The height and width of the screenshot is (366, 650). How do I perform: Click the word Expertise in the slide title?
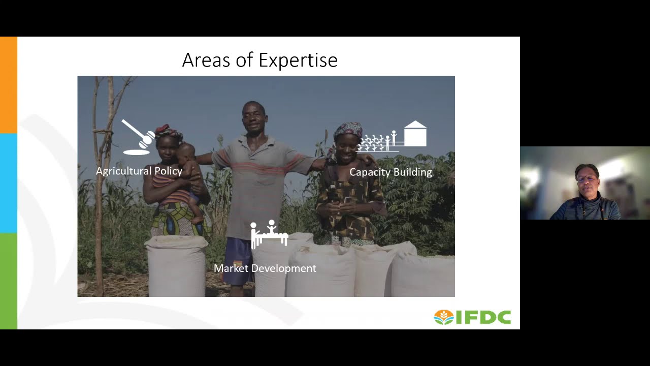pyautogui.click(x=298, y=60)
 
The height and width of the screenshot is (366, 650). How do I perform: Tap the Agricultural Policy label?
pyautogui.click(x=139, y=171)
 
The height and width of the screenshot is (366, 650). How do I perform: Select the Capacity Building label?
pyautogui.click(x=391, y=172)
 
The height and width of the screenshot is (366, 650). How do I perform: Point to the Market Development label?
pyautogui.click(x=265, y=268)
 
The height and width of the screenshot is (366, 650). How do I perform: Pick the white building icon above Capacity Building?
pyautogui.click(x=415, y=134)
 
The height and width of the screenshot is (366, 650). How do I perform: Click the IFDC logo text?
pyautogui.click(x=483, y=318)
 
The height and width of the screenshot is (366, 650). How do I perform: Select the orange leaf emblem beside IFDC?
pyautogui.click(x=443, y=317)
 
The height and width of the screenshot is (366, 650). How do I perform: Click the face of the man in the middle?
pyautogui.click(x=254, y=118)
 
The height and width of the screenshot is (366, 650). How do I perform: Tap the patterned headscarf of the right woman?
pyautogui.click(x=348, y=130)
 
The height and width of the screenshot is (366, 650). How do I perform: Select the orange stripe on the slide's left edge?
pyautogui.click(x=9, y=84)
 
